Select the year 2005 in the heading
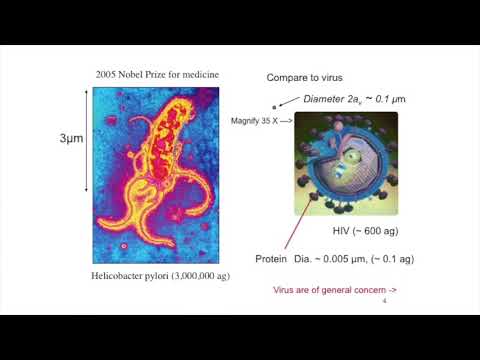[108, 74]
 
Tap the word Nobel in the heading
[139, 74]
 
